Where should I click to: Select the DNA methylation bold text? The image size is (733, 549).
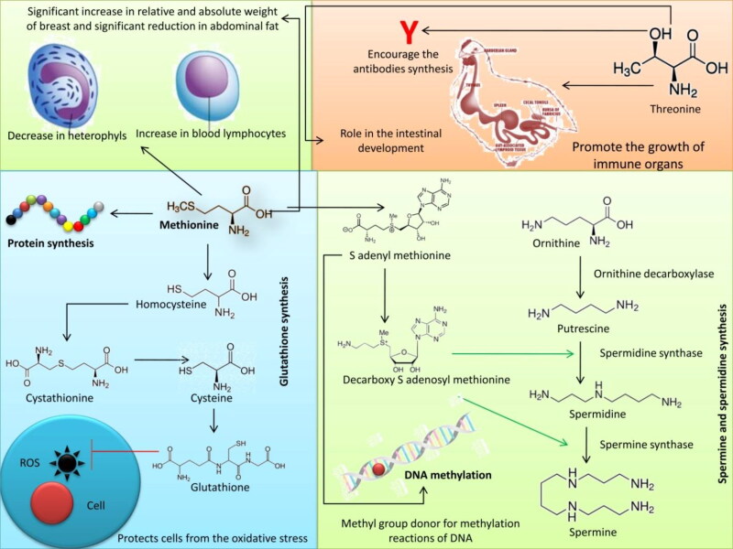449,476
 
